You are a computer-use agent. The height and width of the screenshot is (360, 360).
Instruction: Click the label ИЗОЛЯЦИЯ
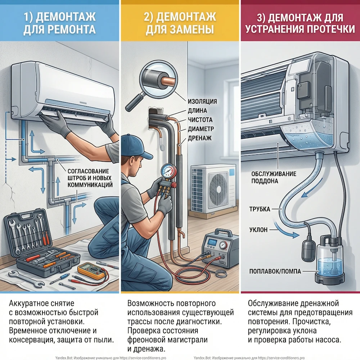202,101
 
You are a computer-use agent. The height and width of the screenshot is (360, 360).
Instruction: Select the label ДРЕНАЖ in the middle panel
199,138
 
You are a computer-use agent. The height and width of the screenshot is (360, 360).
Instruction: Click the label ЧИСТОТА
200,120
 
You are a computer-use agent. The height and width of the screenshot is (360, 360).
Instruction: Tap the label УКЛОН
258,230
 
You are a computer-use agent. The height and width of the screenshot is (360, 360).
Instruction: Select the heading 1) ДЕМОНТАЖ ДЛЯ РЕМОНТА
59,22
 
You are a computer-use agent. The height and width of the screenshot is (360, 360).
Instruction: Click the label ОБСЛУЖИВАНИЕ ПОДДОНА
274,177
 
